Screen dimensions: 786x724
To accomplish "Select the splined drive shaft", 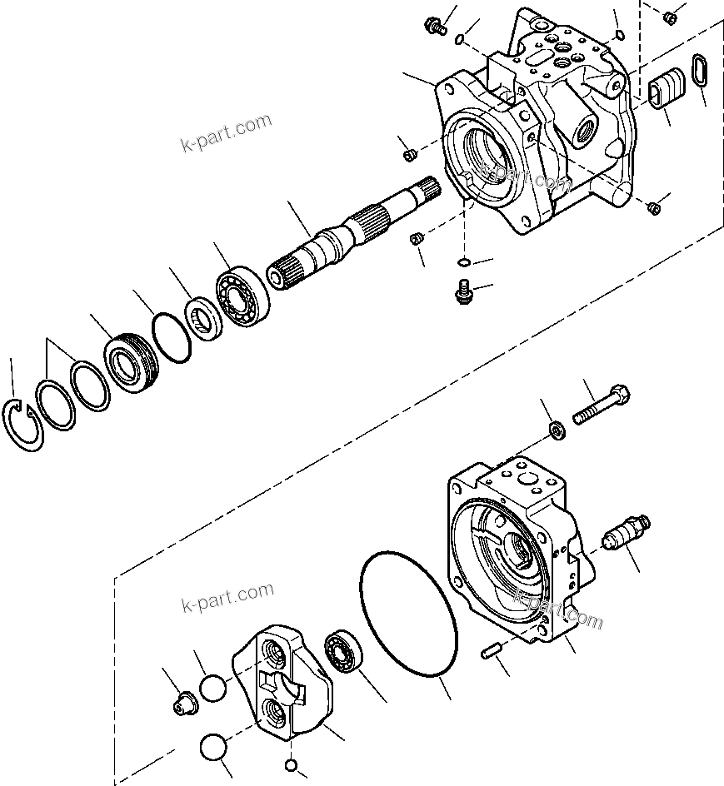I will pos(350,236).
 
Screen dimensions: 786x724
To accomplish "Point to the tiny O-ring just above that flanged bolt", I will pos(463,263).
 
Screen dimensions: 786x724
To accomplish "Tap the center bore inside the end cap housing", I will pos(518,551).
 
